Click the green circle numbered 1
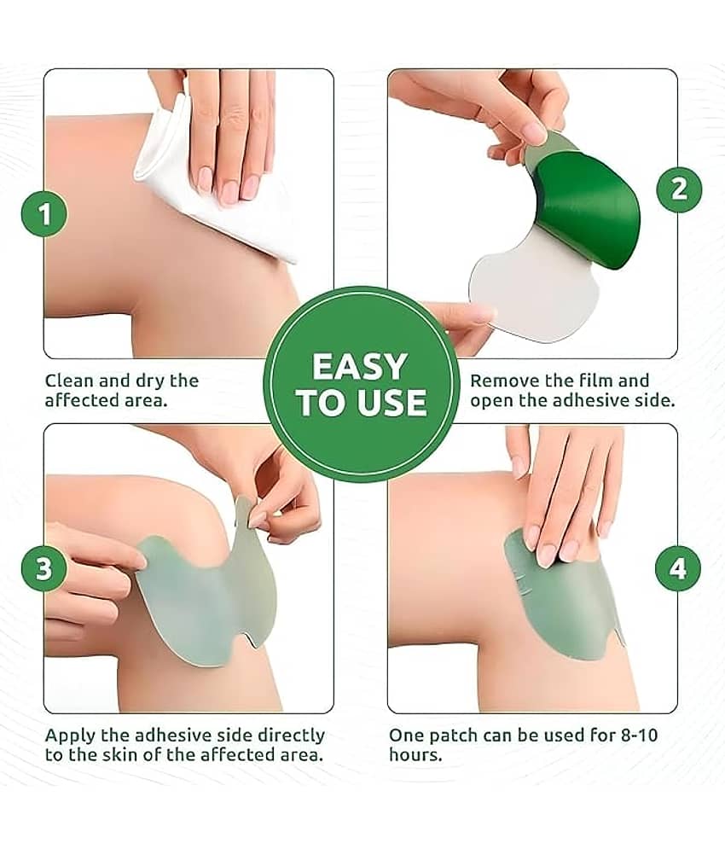click(x=44, y=214)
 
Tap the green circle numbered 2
click(x=679, y=189)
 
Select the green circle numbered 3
click(x=44, y=568)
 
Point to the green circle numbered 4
click(x=678, y=568)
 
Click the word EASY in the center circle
click(x=360, y=367)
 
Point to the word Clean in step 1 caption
click(x=69, y=381)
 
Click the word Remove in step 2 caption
click(x=505, y=381)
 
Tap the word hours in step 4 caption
click(x=415, y=755)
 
